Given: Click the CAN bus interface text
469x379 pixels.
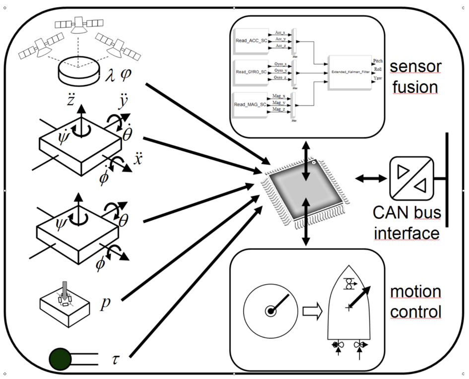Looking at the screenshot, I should (x=407, y=223).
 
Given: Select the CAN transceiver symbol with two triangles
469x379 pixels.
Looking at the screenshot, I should (x=410, y=178).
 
